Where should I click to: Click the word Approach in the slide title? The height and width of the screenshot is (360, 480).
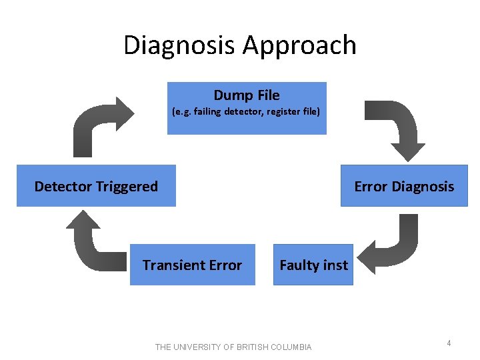click(x=300, y=45)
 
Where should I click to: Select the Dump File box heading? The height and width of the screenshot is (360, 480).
click(x=247, y=95)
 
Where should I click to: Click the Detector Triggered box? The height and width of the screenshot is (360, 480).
click(x=96, y=186)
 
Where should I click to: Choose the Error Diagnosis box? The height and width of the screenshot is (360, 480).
click(x=404, y=186)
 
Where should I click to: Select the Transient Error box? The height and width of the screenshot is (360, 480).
click(x=192, y=265)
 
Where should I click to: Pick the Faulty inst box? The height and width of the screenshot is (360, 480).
click(x=313, y=265)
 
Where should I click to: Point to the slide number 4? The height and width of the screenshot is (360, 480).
click(x=449, y=343)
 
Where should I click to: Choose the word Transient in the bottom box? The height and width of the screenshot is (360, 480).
click(x=169, y=265)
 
